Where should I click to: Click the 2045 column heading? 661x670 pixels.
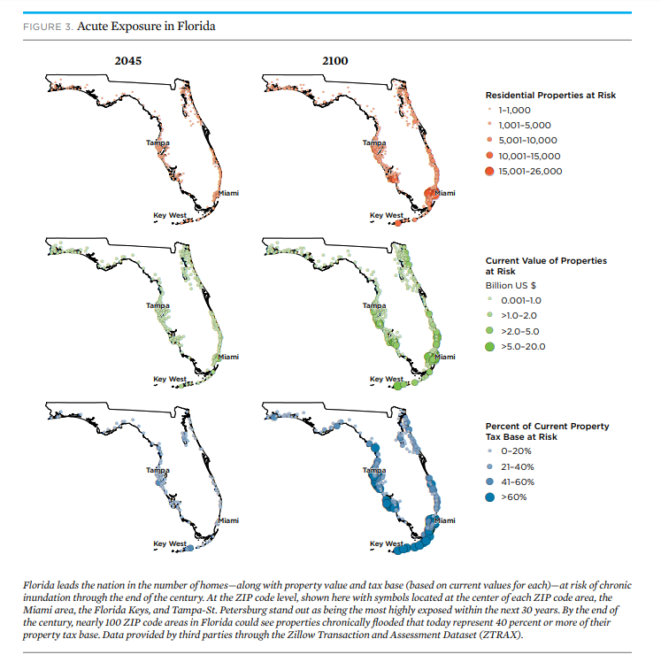tap(128, 60)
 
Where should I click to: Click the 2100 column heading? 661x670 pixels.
tap(335, 60)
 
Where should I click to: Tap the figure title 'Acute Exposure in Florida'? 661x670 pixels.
tap(146, 26)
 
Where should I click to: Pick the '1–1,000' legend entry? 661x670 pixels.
tap(513, 110)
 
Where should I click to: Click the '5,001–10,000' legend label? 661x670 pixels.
tap(528, 140)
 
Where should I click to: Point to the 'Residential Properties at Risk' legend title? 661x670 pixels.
tap(550, 95)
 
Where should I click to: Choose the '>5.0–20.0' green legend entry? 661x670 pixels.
tap(523, 346)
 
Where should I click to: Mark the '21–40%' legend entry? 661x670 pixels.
tap(516, 466)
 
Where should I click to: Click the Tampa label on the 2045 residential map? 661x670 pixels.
tap(158, 142)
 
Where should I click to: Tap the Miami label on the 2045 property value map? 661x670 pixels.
tap(227, 357)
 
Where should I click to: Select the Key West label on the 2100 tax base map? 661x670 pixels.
tap(386, 543)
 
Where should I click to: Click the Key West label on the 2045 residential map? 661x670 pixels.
tap(170, 214)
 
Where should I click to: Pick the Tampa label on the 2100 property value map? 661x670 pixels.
tap(373, 305)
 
